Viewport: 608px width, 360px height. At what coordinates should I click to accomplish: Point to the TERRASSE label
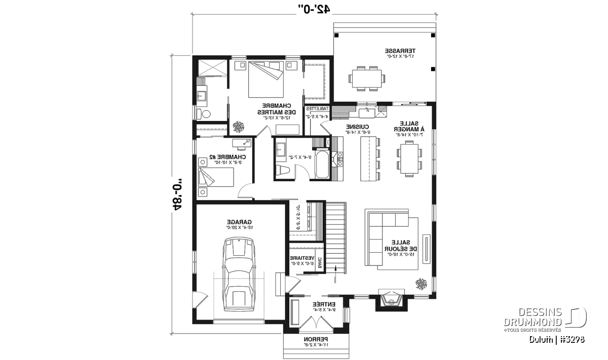[x=400, y=51]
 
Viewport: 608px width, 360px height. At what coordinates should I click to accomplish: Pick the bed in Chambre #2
[x=216, y=178]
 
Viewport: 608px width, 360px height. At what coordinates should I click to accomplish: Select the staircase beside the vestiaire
[x=335, y=235]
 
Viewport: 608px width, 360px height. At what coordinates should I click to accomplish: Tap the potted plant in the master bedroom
[x=237, y=126]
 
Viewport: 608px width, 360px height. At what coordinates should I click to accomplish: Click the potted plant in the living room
[x=421, y=284]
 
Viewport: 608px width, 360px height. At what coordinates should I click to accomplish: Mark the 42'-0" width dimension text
[x=314, y=9]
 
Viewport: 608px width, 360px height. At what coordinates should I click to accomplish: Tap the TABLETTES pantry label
[x=318, y=108]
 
